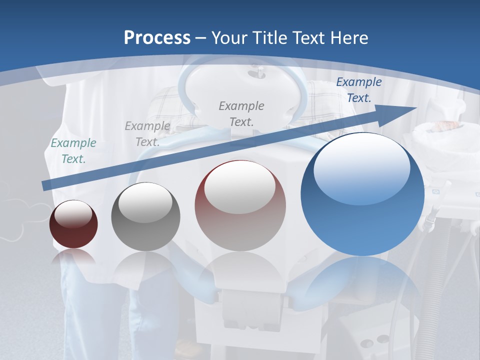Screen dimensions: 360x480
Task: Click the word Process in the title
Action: (x=157, y=37)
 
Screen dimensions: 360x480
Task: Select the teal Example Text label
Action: (x=73, y=151)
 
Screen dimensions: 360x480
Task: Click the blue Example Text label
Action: (x=358, y=90)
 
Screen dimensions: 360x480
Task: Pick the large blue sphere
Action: (x=362, y=195)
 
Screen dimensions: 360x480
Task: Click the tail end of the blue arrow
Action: (x=46, y=185)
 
